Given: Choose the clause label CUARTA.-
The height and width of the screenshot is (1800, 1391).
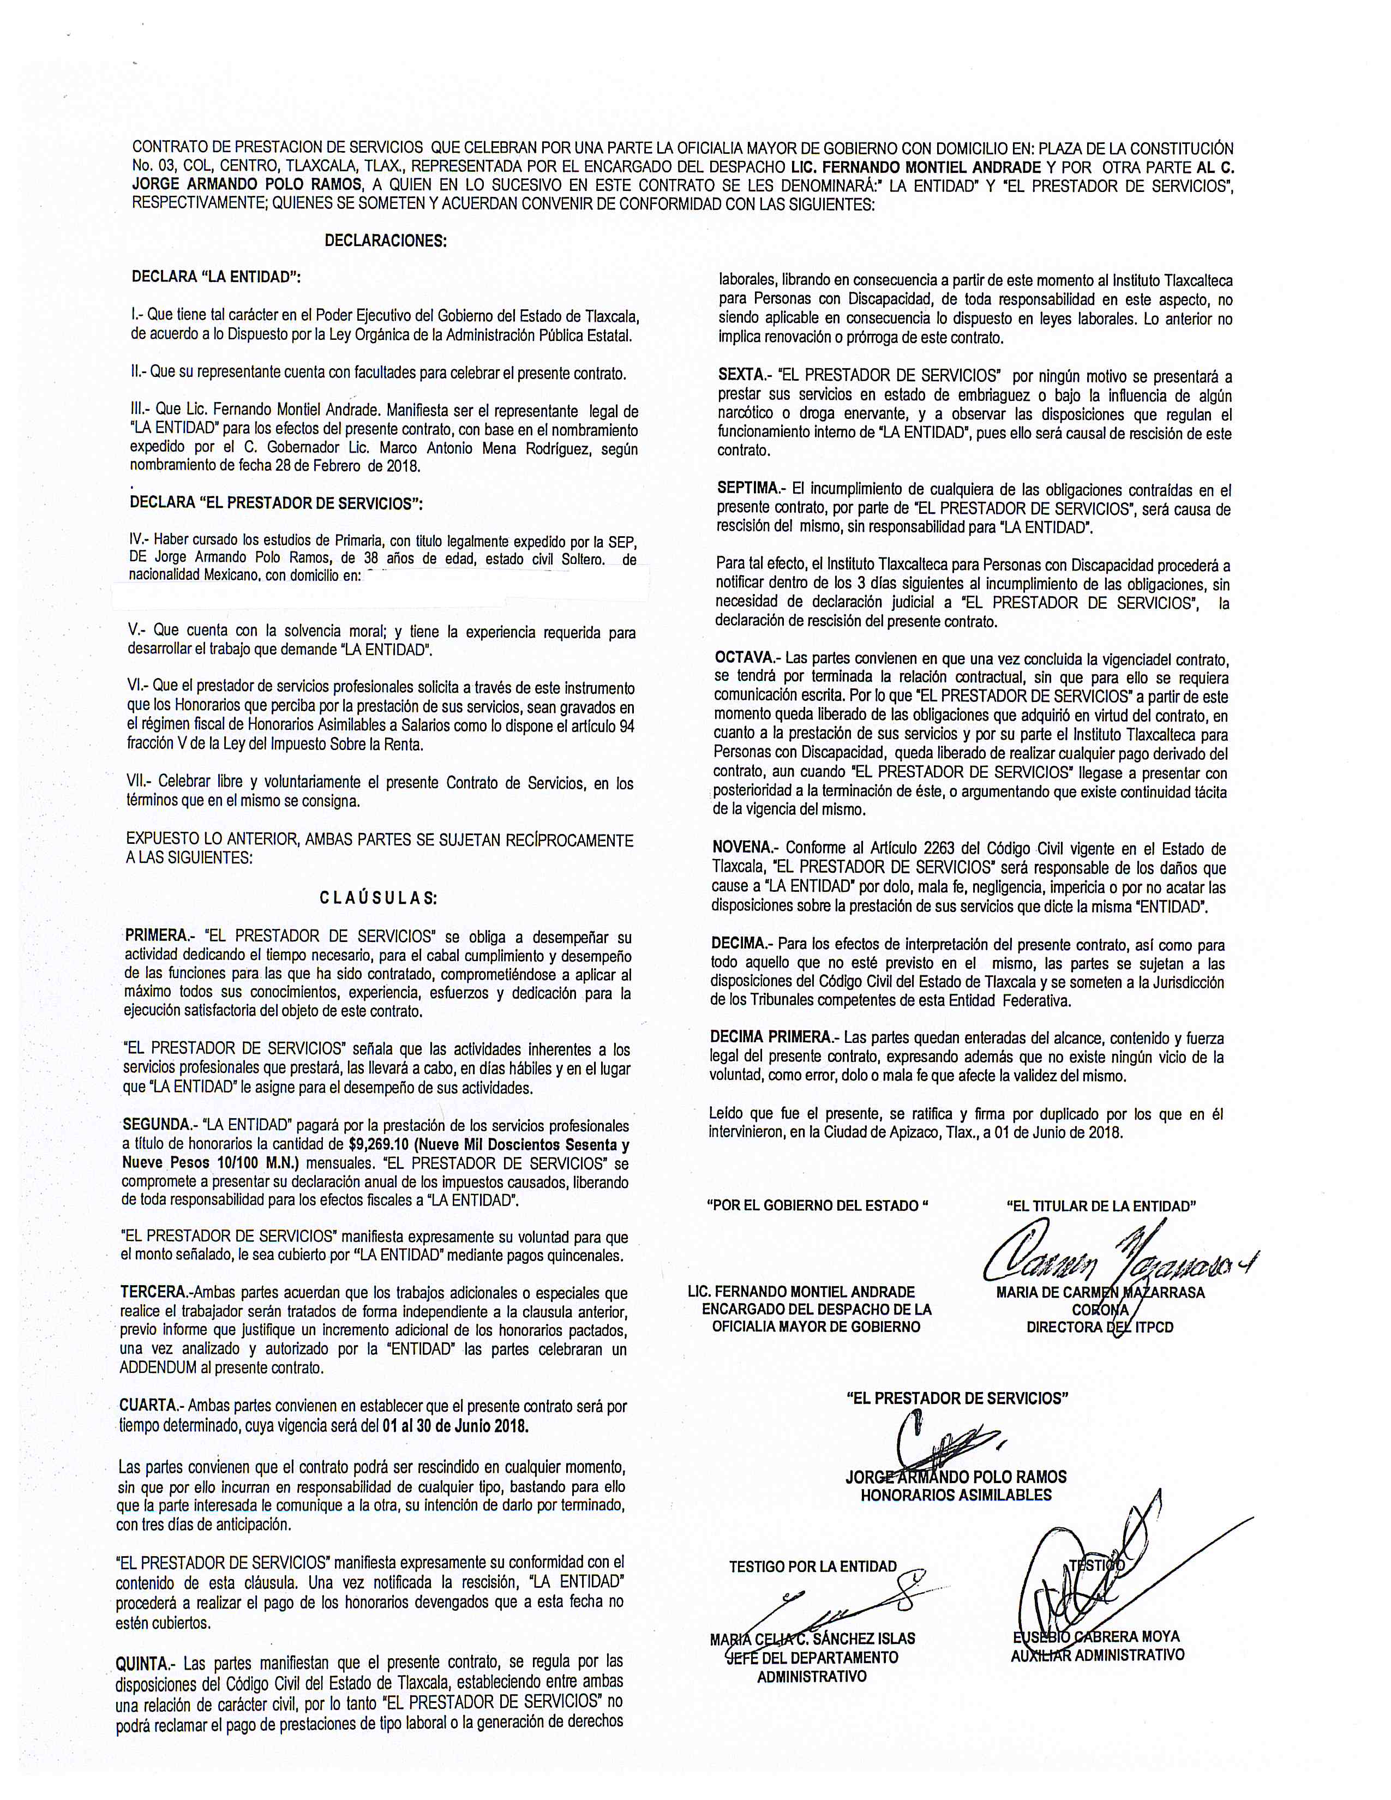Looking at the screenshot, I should (x=151, y=1405).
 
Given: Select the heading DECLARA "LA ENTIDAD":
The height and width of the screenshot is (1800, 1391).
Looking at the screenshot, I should (x=216, y=277).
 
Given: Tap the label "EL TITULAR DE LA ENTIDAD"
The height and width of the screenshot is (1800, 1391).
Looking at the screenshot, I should (x=1101, y=1206).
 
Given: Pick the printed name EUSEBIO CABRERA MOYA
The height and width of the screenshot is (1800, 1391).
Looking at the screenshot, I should (x=1098, y=1636).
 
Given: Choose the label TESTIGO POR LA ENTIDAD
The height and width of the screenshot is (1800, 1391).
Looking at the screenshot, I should (x=813, y=1566).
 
